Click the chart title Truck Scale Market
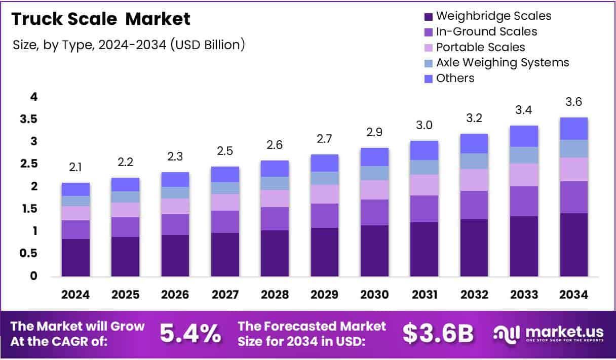pos(101,19)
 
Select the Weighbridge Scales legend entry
pos(493,16)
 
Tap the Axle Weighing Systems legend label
pos(503,62)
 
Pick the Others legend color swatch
pos(428,78)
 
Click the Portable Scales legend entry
pos(480,47)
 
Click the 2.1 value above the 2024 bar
pos(75,167)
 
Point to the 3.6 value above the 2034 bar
pos(573,102)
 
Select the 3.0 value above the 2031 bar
pos(425,125)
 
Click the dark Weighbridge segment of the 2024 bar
pos(75,257)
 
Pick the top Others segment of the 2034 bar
pos(573,129)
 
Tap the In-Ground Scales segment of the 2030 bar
pos(374,212)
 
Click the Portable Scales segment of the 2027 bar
pos(225,202)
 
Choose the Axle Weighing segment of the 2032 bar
pos(474,161)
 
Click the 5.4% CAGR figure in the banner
pos(190,333)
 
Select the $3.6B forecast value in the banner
pos(438,333)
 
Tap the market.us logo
pos(549,333)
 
